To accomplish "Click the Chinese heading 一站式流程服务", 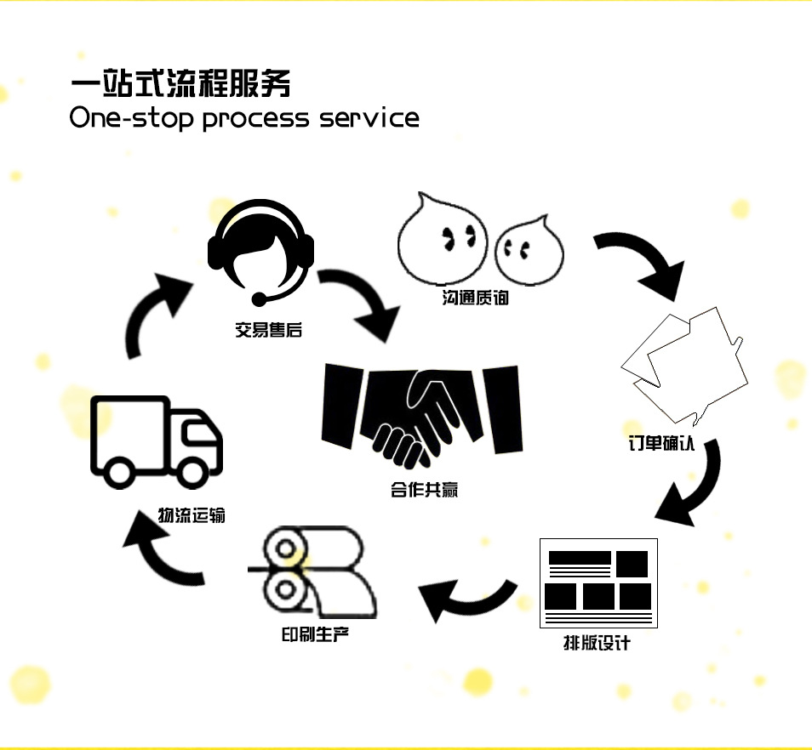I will (x=180, y=84).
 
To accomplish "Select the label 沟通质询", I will (x=476, y=299).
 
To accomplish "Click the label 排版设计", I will (x=597, y=643).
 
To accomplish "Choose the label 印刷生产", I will (x=315, y=634).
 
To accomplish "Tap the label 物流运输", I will (x=192, y=514).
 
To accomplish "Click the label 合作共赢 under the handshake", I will (x=425, y=490).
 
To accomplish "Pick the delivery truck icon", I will (x=157, y=441).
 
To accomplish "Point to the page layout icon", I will (x=598, y=583).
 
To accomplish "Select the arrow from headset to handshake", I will (x=362, y=304).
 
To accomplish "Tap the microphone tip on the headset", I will (x=257, y=299).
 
